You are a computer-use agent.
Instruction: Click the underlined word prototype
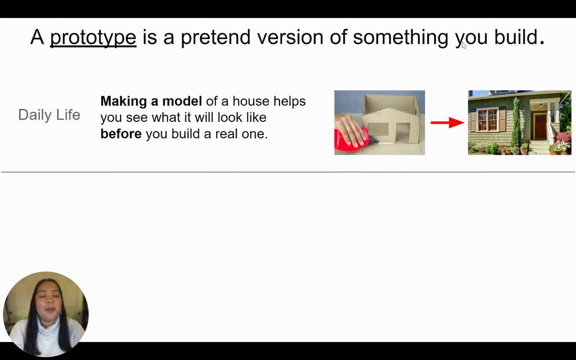93,38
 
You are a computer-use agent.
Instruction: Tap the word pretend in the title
216,38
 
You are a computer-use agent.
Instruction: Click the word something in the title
400,38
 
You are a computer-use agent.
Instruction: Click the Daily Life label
49,114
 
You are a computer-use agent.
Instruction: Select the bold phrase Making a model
151,101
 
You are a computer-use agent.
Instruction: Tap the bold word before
121,134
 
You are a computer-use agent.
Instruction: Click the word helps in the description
289,101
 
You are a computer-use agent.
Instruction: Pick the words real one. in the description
242,134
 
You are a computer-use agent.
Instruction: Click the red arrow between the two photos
447,123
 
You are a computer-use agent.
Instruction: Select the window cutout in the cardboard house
378,129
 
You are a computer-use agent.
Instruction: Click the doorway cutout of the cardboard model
403,132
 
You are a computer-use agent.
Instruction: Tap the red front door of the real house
540,126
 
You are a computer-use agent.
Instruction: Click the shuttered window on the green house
487,120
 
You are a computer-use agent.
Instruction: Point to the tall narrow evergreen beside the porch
516,121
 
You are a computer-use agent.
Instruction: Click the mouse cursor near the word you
464,45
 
